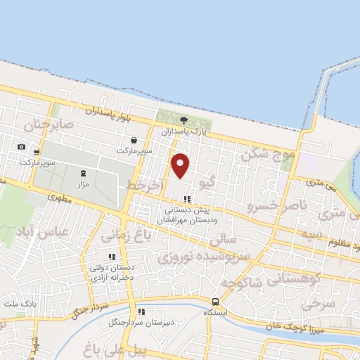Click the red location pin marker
pos(181,165)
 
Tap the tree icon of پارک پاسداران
pos(184,120)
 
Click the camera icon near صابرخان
pos(22,147)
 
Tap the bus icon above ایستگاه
pos(215,301)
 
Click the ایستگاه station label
pos(215,311)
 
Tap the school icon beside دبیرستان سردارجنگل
pos(141,311)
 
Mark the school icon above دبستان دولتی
pos(110,257)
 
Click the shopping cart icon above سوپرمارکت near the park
pos(125,139)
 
